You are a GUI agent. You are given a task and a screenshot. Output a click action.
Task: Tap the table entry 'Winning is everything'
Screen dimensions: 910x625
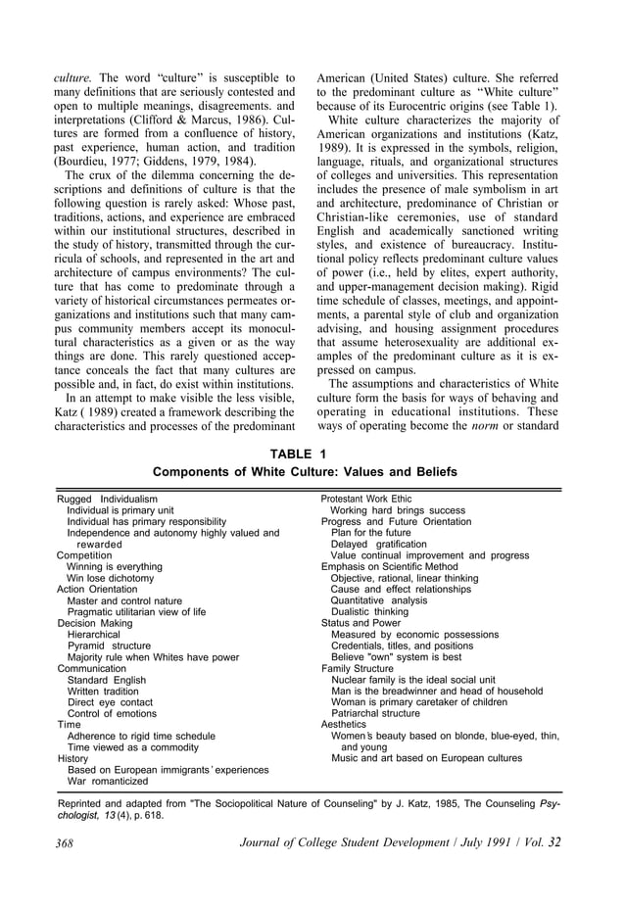tap(114, 566)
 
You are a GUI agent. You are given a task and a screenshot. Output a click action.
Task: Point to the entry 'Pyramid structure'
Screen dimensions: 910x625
tap(109, 647)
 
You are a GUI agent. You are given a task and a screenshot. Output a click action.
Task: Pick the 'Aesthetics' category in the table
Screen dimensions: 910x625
tap(344, 725)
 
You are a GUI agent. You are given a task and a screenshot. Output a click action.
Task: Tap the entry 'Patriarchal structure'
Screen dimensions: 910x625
tap(375, 713)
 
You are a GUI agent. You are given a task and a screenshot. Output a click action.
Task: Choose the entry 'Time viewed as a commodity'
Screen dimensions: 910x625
tap(128, 747)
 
